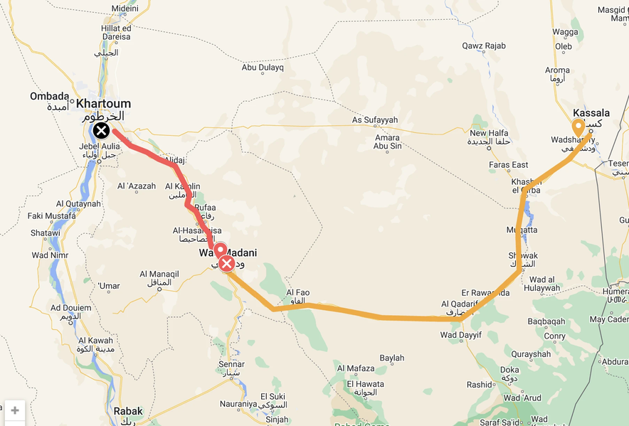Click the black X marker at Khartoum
(x=101, y=130)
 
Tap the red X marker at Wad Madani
(x=227, y=265)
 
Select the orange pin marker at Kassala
(x=579, y=127)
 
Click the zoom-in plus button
(x=15, y=410)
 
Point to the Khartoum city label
(x=103, y=104)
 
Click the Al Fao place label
(x=297, y=292)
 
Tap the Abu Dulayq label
(x=263, y=68)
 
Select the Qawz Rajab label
(x=484, y=46)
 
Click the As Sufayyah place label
(x=375, y=119)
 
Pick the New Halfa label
(x=488, y=133)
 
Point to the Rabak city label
(x=128, y=411)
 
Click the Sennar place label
(x=232, y=364)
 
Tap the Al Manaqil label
(x=159, y=274)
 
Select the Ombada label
(x=50, y=97)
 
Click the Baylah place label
(x=392, y=358)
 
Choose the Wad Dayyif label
(x=461, y=335)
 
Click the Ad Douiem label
(x=71, y=308)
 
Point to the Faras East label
(x=509, y=165)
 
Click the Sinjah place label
(x=277, y=420)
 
